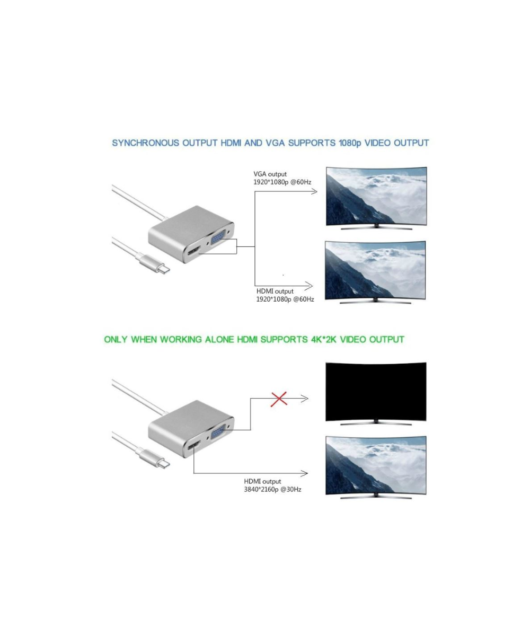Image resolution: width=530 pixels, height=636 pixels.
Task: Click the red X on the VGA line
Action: point(279,399)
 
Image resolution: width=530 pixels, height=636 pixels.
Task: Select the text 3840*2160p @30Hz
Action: point(269,489)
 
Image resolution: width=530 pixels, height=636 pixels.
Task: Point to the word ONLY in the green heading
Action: point(116,339)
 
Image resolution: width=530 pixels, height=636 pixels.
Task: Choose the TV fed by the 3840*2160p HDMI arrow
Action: point(376,464)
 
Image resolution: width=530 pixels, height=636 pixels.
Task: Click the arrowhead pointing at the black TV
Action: point(305,399)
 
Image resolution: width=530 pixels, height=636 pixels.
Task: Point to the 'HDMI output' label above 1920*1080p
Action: point(275,291)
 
